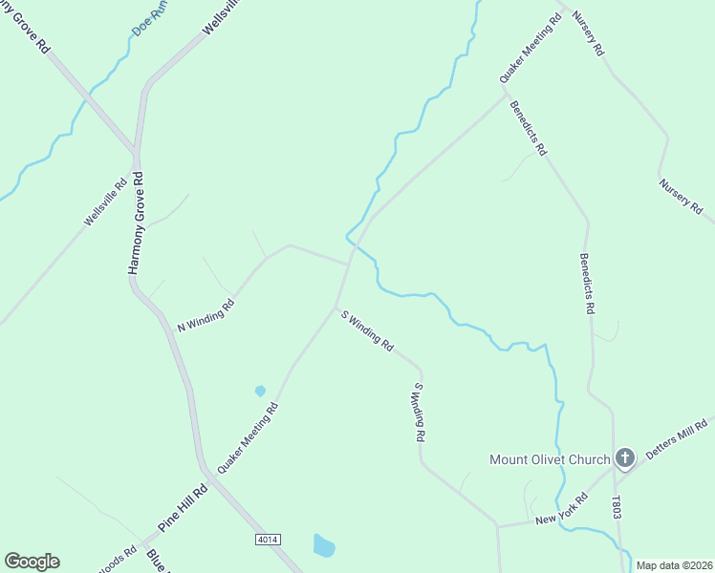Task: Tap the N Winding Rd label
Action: pos(206,316)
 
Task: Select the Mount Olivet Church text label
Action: pos(550,459)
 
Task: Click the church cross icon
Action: pos(625,459)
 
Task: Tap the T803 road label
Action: pos(617,508)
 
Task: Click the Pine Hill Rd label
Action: pos(183,510)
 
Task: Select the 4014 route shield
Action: pos(268,540)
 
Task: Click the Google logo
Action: pos(32,562)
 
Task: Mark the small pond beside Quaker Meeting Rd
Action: pos(260,391)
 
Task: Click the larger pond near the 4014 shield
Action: pos(324,545)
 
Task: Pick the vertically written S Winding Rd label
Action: pos(418,412)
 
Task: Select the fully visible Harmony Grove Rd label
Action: pos(136,223)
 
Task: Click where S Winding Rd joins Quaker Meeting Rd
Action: pos(335,306)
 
